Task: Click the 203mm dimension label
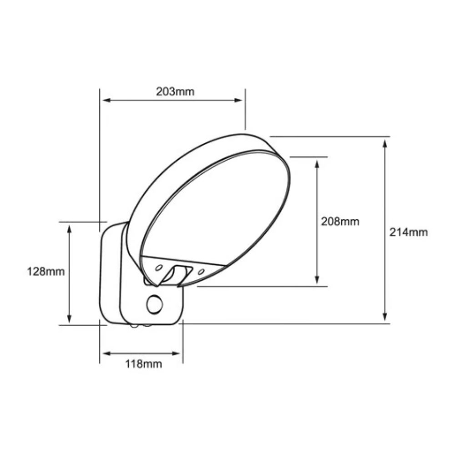click(175, 91)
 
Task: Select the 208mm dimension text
click(340, 222)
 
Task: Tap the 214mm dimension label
click(409, 232)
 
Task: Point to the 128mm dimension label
click(46, 272)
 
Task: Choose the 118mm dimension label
click(143, 364)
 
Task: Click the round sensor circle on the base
click(155, 304)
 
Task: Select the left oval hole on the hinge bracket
click(159, 268)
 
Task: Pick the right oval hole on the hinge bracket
click(201, 272)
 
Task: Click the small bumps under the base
click(141, 325)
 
